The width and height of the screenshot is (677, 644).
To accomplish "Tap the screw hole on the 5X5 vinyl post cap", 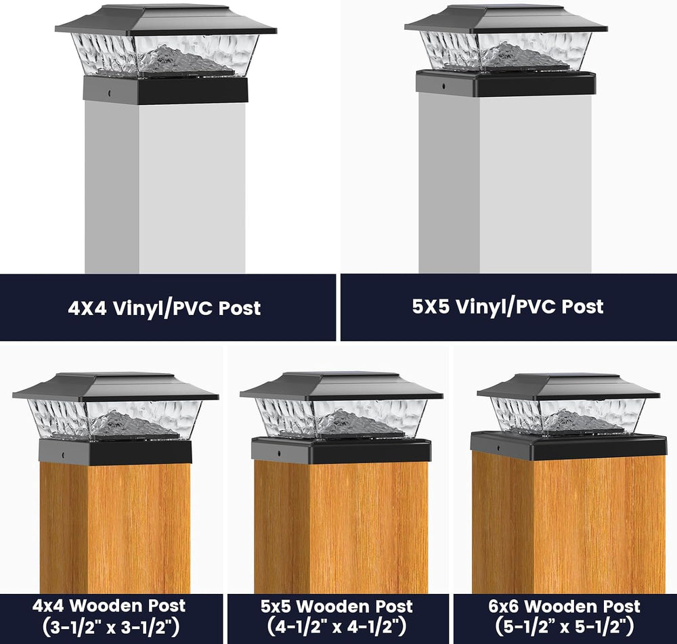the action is coord(443,86).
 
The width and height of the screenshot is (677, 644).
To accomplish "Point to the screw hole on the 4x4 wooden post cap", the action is coord(64,454).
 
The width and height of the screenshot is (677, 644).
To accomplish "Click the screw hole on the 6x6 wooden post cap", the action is coord(497,448).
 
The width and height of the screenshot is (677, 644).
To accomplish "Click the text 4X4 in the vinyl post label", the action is coord(87,308).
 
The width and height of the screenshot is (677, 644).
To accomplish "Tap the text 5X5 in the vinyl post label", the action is coord(431,307).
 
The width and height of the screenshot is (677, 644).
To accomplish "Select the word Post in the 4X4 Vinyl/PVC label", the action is coord(240,308).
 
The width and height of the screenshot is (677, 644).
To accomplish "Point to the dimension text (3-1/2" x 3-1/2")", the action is coord(111,627).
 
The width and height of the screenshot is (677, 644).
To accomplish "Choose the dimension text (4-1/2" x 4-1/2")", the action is coord(336,627).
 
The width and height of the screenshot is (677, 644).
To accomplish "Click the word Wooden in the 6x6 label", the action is coord(565,607).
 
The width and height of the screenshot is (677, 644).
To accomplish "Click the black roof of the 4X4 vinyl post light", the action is coord(166,20).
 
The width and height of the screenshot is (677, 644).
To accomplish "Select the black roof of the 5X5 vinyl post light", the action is coord(506,19).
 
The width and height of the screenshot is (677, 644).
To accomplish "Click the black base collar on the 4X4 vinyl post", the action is coord(165,90).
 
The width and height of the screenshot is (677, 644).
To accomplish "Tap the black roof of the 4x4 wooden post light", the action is coord(116,387).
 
